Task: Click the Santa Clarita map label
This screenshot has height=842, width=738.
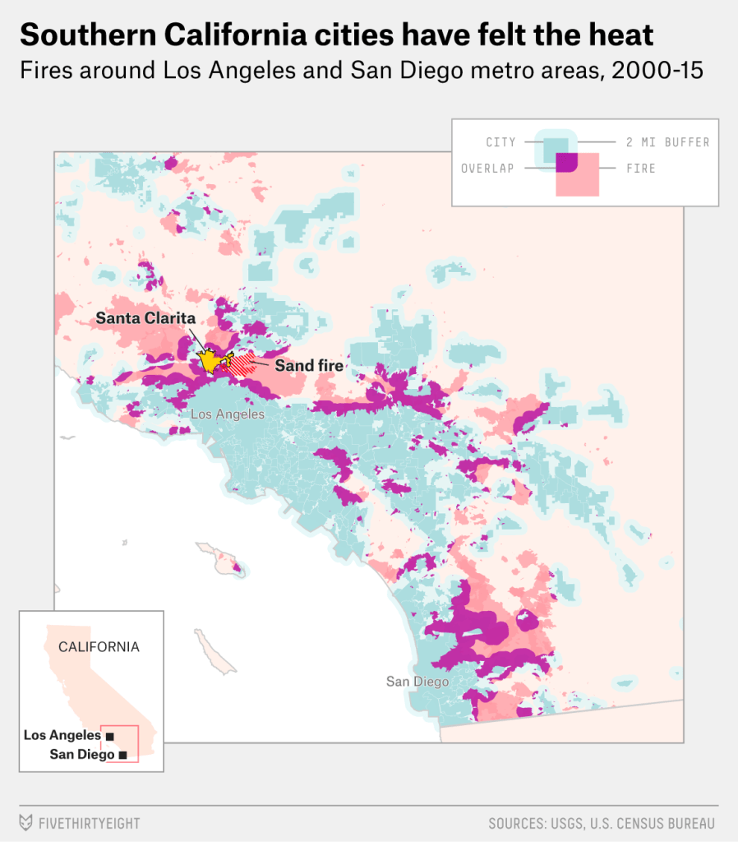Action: pyautogui.click(x=145, y=317)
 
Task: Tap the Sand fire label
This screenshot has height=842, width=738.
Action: pyautogui.click(x=308, y=365)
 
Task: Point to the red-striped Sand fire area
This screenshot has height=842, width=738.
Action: pyautogui.click(x=242, y=364)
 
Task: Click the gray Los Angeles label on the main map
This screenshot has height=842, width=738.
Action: pyautogui.click(x=228, y=414)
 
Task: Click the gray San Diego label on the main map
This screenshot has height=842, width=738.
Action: pyautogui.click(x=417, y=682)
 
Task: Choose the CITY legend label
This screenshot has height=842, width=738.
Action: pyautogui.click(x=500, y=142)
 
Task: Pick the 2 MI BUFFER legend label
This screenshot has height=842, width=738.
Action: pyautogui.click(x=667, y=142)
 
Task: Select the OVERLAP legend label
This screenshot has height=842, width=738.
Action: pyautogui.click(x=487, y=169)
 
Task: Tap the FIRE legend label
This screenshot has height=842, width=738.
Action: pyautogui.click(x=641, y=169)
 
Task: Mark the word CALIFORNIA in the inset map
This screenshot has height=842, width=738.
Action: pyautogui.click(x=99, y=647)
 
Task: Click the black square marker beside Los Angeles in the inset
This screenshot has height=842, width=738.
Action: pyautogui.click(x=110, y=737)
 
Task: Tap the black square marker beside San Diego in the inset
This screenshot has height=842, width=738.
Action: pyautogui.click(x=123, y=755)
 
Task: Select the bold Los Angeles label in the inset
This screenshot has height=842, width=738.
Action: pyautogui.click(x=62, y=736)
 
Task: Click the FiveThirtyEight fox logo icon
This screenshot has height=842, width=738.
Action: pyautogui.click(x=26, y=823)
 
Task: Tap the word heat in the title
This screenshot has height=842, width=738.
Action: pyautogui.click(x=616, y=35)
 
